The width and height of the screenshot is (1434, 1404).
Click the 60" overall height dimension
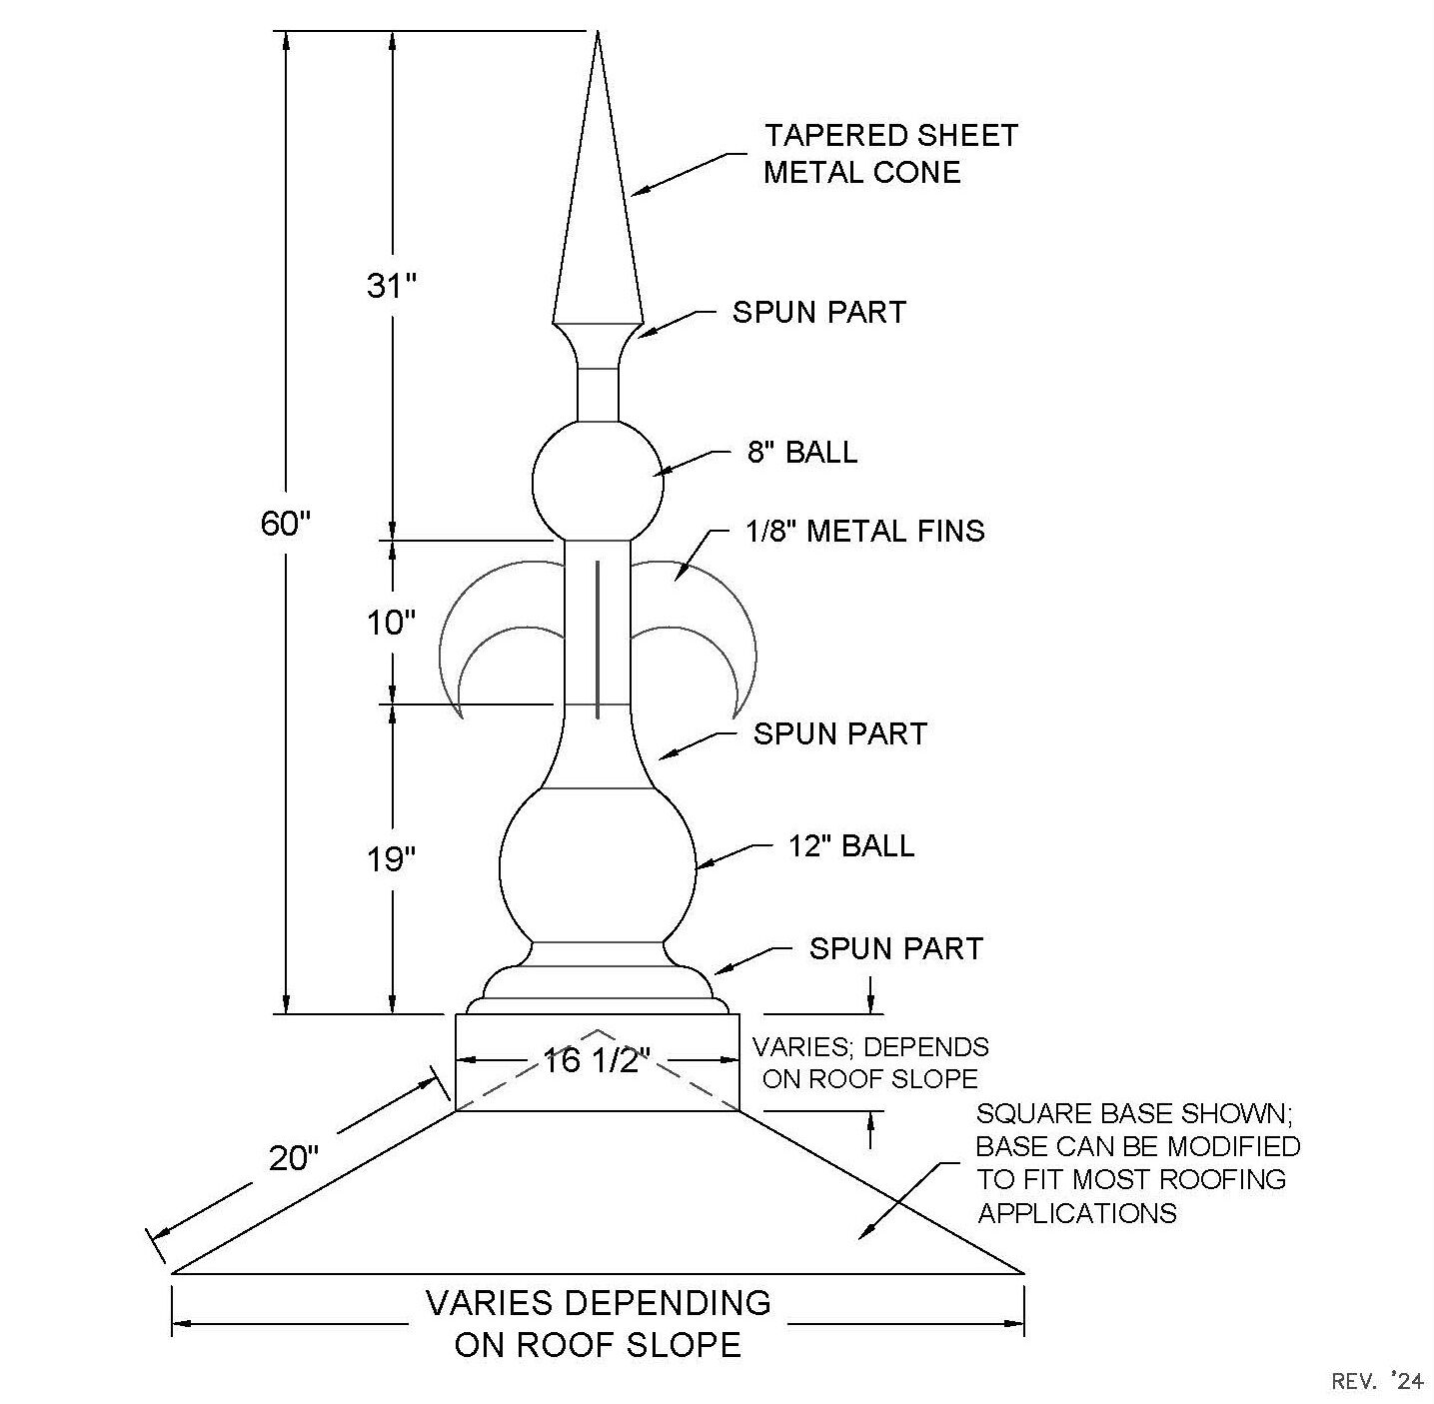point(285,524)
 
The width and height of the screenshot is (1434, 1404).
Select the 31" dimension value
point(392,285)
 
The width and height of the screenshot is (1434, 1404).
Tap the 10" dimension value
point(391,623)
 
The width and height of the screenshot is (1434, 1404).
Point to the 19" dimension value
point(391,859)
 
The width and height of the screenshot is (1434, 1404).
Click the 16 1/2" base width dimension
point(597,1060)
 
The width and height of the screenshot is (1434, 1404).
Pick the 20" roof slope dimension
point(293,1158)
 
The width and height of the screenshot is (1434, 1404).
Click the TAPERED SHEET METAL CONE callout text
point(890,153)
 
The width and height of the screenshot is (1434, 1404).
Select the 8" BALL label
point(802,452)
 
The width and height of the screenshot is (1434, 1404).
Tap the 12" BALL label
point(851,845)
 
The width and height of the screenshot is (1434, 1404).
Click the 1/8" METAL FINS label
point(864,531)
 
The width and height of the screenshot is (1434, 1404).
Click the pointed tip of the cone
point(598,31)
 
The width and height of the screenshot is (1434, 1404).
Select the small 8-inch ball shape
point(598,483)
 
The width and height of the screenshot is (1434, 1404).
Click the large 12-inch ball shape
point(598,865)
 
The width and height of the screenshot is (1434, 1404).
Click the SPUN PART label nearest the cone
point(819,312)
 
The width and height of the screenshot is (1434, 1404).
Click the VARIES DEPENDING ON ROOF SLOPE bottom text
point(599,1324)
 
